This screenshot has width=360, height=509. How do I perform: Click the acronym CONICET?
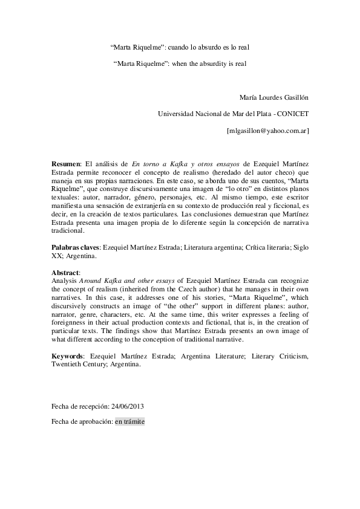click(x=292, y=113)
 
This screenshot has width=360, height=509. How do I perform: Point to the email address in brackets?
click(x=267, y=129)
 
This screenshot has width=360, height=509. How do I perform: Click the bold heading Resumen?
click(x=65, y=163)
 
